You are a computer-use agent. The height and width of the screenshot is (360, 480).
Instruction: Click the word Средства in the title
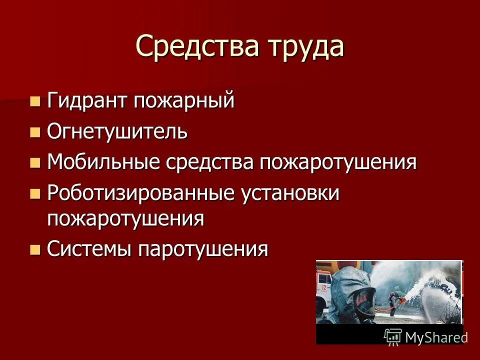click(192, 46)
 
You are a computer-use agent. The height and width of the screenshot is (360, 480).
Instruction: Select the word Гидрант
click(86, 101)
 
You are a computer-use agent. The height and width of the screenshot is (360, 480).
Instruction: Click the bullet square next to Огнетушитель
click(34, 133)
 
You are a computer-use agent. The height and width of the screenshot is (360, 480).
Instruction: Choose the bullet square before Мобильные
click(34, 163)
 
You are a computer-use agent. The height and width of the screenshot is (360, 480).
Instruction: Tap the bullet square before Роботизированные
click(34, 194)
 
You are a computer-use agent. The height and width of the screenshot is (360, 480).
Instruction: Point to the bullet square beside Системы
click(34, 249)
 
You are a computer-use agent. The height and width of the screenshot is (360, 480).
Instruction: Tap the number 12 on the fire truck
click(324, 287)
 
